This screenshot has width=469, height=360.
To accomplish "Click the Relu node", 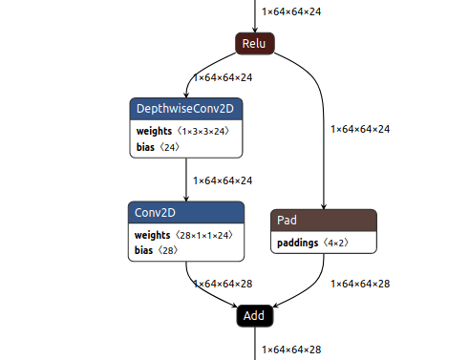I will pos(255,43).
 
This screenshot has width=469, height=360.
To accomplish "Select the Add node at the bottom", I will pos(255,315).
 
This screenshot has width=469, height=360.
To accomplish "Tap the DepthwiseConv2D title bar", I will pos(186,110).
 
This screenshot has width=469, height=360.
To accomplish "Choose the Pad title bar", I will pos(324,221).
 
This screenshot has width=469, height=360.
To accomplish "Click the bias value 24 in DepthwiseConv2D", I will pos(169,147).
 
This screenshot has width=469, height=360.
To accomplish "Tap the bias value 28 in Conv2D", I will pos(169,250).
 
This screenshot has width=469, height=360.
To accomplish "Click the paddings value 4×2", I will pos(340,243).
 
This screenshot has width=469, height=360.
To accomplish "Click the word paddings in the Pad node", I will pos(298,243).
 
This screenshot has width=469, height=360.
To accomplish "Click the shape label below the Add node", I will pos(292,350).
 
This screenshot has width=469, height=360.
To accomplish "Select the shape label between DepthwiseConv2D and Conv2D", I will pos(223,180).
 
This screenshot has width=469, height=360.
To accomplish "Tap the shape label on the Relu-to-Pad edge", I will pos(360,128).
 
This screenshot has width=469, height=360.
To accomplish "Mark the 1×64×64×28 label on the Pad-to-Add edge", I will pos(360,283).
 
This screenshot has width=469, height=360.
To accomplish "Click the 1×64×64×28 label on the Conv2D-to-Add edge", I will pos(223,283).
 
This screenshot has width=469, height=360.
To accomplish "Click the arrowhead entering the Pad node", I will pos(325,205).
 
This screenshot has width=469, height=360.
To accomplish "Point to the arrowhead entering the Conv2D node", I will pos(186,198).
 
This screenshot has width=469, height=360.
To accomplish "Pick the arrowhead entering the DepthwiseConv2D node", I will pos(187,95).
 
